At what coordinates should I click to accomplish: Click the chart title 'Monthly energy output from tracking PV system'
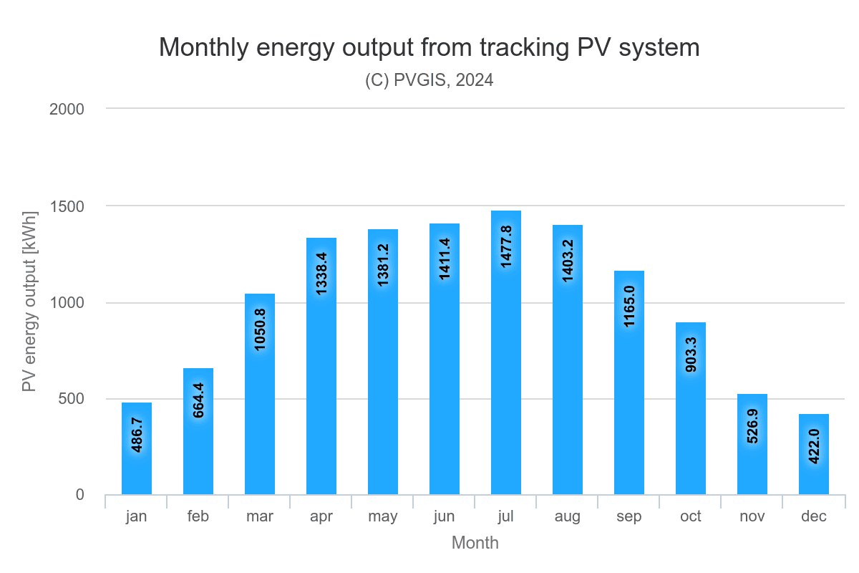(x=429, y=47)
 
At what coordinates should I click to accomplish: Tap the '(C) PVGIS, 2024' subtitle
(x=429, y=80)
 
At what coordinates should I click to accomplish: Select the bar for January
(x=137, y=448)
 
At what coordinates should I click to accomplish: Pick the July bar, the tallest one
(x=506, y=352)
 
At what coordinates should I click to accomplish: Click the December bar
(x=814, y=454)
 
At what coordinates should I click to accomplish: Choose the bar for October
(x=691, y=408)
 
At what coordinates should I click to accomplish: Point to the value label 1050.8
(x=260, y=329)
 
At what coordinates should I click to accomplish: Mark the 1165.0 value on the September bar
(x=629, y=306)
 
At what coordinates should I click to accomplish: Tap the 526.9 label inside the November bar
(x=752, y=425)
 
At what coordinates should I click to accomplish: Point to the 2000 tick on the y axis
(x=68, y=109)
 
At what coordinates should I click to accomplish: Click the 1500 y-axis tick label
(x=68, y=206)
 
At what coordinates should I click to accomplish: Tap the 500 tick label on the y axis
(x=72, y=399)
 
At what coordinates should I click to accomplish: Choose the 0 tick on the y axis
(x=79, y=495)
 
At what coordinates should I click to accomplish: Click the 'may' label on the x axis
(x=383, y=516)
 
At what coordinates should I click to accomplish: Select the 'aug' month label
(x=568, y=516)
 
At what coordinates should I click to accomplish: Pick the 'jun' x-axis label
(x=445, y=516)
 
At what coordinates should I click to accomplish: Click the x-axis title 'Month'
(x=475, y=543)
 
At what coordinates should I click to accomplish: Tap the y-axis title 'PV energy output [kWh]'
(x=29, y=302)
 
